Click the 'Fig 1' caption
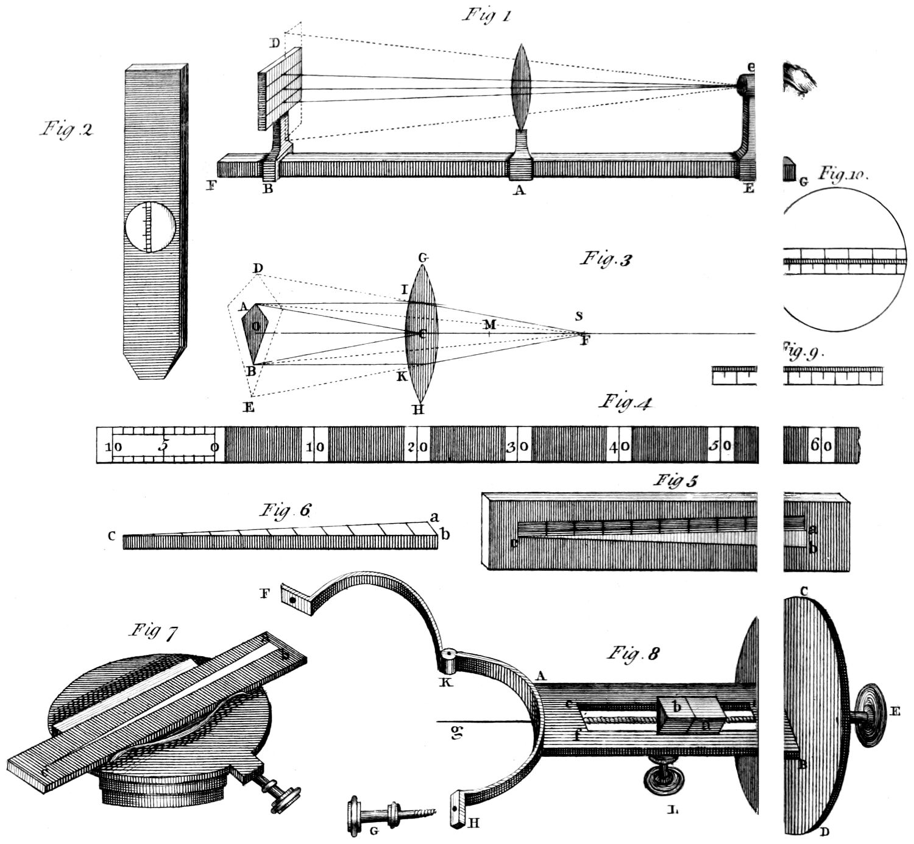tap(486, 15)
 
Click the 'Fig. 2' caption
tap(66, 129)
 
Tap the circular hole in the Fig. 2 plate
tap(150, 227)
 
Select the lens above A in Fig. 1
tap(520, 86)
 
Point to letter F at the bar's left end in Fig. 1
tap(211, 186)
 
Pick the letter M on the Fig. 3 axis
tap(489, 324)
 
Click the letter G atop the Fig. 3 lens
tap(422, 259)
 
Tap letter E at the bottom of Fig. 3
tap(249, 407)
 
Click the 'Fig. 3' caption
tap(606, 259)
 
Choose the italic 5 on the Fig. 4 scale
tap(163, 445)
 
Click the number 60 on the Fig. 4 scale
tap(820, 446)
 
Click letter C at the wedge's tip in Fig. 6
tap(112, 537)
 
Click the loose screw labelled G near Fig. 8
tap(390, 814)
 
